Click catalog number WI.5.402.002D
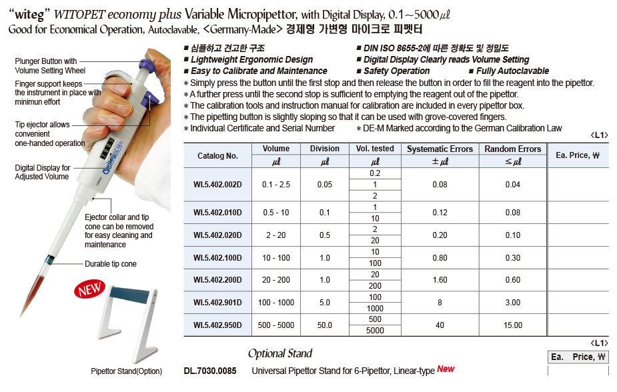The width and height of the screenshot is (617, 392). pos(217,184)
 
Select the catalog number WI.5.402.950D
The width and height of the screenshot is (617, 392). pos(217,325)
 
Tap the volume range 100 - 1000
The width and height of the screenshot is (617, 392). pos(276,303)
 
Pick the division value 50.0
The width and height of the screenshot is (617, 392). pos(325,325)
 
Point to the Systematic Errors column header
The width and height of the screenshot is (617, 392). pos(440,149)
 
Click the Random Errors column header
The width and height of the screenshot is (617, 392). pos(512,149)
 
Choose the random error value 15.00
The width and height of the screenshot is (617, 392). pos(513,325)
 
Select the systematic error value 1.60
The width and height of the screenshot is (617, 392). pos(440,280)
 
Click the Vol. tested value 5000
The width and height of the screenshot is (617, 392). pos(375,331)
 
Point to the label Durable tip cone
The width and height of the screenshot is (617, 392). pos(110,264)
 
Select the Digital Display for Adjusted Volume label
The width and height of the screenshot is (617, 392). pos(41,172)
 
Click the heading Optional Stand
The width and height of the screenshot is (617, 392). pos(280,353)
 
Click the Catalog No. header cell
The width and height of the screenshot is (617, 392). pos(217,155)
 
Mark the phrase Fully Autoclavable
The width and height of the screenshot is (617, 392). pos(512,71)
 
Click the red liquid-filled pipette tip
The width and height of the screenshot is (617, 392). pos(33,293)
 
